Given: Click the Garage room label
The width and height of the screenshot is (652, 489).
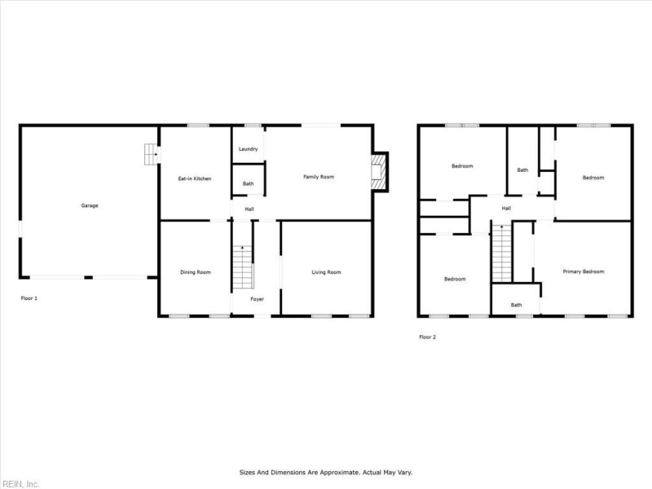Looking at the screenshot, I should pyautogui.click(x=89, y=205).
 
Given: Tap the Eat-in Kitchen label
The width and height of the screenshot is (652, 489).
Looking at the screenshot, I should pyautogui.click(x=195, y=178).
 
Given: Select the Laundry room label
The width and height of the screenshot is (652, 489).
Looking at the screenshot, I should pyautogui.click(x=249, y=149).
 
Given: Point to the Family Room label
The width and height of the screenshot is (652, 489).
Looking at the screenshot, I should pyautogui.click(x=319, y=177).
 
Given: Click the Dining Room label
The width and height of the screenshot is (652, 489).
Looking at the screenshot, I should pyautogui.click(x=196, y=272).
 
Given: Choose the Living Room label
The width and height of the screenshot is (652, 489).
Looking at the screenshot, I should pyautogui.click(x=326, y=272).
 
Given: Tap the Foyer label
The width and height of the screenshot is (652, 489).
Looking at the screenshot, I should pyautogui.click(x=257, y=299).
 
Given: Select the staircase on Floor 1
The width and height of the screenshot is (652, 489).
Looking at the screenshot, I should pyautogui.click(x=240, y=267).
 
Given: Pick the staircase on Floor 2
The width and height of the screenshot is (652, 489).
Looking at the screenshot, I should pyautogui.click(x=500, y=253).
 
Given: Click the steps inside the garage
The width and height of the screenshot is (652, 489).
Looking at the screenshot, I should pyautogui.click(x=150, y=153).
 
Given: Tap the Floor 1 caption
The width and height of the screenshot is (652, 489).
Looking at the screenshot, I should pyautogui.click(x=29, y=298).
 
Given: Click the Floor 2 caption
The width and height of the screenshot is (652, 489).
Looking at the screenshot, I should pyautogui.click(x=427, y=337).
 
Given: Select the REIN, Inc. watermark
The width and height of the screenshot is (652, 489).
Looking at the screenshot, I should pyautogui.click(x=20, y=484).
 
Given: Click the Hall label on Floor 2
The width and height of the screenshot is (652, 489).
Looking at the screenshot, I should pyautogui.click(x=506, y=209).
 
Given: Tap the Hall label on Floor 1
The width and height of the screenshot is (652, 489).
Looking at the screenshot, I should pyautogui.click(x=249, y=209).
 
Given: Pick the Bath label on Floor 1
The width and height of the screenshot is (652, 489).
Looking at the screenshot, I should pyautogui.click(x=248, y=183).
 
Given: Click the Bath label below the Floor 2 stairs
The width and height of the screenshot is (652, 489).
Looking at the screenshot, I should pyautogui.click(x=516, y=305).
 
